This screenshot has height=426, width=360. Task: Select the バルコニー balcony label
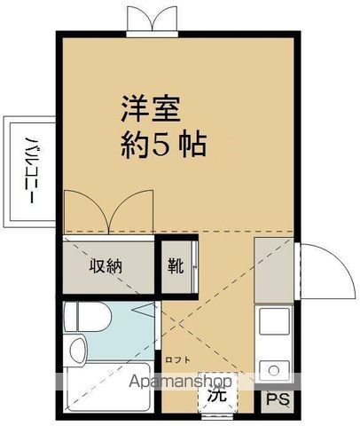tap(28, 171)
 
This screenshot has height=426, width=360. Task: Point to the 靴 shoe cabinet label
tap(176, 265)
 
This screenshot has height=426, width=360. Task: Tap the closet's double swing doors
tap(106, 214)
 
